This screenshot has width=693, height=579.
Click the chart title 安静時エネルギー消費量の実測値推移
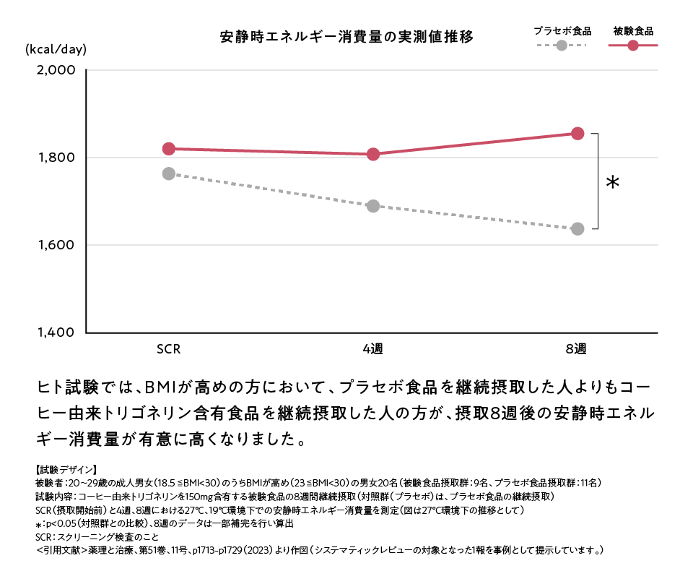(x=346, y=37)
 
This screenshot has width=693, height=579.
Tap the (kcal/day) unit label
(x=56, y=50)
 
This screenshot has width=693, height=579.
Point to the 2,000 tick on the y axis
(x=56, y=71)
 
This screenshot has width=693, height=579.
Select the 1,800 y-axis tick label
(x=56, y=158)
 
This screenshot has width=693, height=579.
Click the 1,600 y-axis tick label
(x=56, y=245)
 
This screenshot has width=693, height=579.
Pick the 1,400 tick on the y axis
(x=56, y=333)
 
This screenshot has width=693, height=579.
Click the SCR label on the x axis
(x=168, y=349)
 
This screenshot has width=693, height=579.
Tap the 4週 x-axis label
(x=372, y=349)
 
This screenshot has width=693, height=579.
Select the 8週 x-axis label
(x=577, y=349)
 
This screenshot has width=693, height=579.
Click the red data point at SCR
(x=169, y=149)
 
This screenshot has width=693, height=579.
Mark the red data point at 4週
(x=373, y=154)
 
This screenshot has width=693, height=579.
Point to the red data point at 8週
(x=577, y=134)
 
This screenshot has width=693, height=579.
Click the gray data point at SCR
(x=169, y=173)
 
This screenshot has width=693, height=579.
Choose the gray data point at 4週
(x=373, y=206)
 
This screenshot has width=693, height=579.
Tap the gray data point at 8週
(x=577, y=229)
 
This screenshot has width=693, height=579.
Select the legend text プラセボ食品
(x=562, y=31)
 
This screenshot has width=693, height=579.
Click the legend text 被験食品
(x=633, y=31)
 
